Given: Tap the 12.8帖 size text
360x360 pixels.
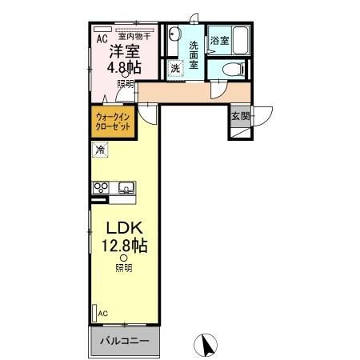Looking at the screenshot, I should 122,244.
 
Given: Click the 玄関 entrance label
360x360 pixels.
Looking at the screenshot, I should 241,116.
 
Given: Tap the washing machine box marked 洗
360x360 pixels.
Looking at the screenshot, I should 176,69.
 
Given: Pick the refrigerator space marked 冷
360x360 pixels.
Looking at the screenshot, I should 101,149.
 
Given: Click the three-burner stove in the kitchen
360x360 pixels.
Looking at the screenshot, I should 102,187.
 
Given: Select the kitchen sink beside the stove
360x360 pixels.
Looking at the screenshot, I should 126,188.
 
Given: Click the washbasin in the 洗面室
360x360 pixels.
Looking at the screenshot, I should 175,36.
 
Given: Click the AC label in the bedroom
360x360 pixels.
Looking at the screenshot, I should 102,37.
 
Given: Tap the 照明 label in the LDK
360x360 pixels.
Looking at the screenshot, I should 123,268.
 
